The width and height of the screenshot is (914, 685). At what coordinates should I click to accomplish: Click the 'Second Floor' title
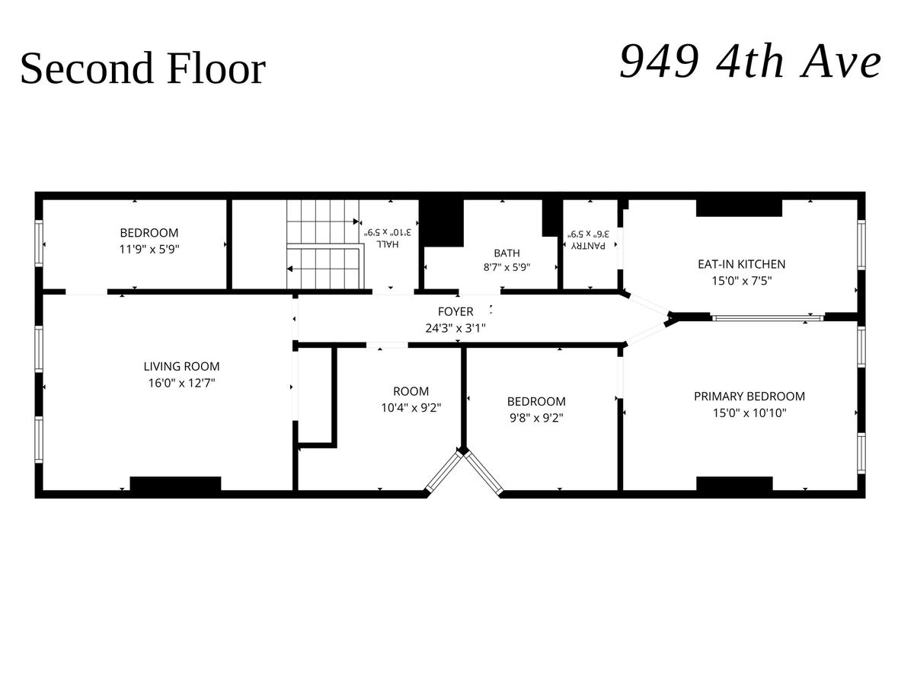[x=143, y=68]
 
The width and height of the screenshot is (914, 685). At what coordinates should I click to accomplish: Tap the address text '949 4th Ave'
[x=750, y=62]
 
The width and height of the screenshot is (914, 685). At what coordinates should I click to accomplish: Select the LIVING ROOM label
[x=181, y=366]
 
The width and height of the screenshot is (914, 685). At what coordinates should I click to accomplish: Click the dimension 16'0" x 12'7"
[x=181, y=383]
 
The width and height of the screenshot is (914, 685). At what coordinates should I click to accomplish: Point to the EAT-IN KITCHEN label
[x=742, y=264]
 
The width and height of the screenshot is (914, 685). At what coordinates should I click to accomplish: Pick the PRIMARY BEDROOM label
[x=749, y=397]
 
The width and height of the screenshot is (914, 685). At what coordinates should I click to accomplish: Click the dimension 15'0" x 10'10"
[x=749, y=413]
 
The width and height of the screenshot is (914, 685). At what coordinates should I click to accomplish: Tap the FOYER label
[x=455, y=311]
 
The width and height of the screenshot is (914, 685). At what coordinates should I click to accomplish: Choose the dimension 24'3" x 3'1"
[x=455, y=329]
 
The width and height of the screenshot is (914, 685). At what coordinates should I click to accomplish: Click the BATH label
[x=507, y=253]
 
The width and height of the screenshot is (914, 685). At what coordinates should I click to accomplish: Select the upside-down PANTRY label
[x=588, y=246]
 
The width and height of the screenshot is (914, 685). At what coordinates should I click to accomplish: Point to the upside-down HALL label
[x=388, y=244]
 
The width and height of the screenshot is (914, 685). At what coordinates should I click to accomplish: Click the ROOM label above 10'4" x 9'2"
[x=411, y=391]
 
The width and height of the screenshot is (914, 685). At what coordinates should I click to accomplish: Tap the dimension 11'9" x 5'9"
[x=149, y=250]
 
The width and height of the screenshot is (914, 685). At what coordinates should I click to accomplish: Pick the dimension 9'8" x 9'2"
[x=537, y=418]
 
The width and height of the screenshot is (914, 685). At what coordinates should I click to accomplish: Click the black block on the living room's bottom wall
[x=175, y=484]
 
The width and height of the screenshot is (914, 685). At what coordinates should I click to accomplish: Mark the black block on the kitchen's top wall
[x=739, y=208]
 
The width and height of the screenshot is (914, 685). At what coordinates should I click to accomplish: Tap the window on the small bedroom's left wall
[x=39, y=244]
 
